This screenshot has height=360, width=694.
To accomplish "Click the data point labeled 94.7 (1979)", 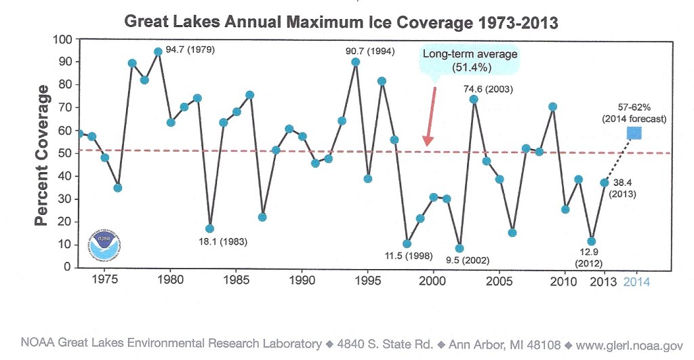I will click(x=158, y=52).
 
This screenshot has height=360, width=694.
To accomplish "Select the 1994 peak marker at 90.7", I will click(x=355, y=62).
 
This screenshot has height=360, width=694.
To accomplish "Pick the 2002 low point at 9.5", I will click(x=460, y=248).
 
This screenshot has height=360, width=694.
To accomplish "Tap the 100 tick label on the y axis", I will click(x=62, y=39).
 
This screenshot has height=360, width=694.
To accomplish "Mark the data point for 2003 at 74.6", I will click(x=474, y=99).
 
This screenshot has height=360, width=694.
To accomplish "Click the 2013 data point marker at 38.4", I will click(x=604, y=182).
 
